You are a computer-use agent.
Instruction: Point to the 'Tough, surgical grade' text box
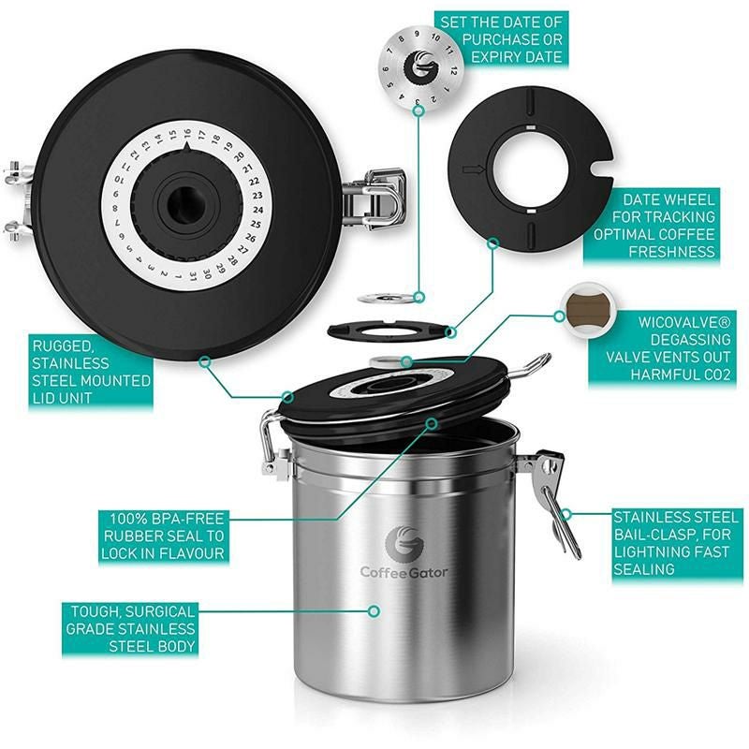(130, 628)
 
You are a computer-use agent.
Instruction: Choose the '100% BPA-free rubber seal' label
(163, 535)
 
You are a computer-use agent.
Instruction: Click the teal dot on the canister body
(374, 610)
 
